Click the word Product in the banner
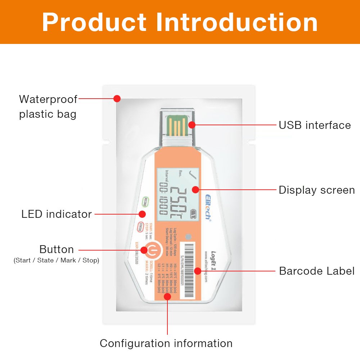[x=95, y=22]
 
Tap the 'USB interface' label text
[x=315, y=125]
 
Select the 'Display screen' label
[x=317, y=190]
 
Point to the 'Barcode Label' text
[x=317, y=271]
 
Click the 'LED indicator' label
[x=57, y=214]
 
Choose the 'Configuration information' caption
[x=166, y=343]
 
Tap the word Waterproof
[x=48, y=99]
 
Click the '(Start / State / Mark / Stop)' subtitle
[x=56, y=260]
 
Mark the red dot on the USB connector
[x=192, y=125]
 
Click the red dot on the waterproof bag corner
[x=117, y=98]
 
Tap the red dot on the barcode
[x=198, y=271]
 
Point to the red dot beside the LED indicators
[x=142, y=214]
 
